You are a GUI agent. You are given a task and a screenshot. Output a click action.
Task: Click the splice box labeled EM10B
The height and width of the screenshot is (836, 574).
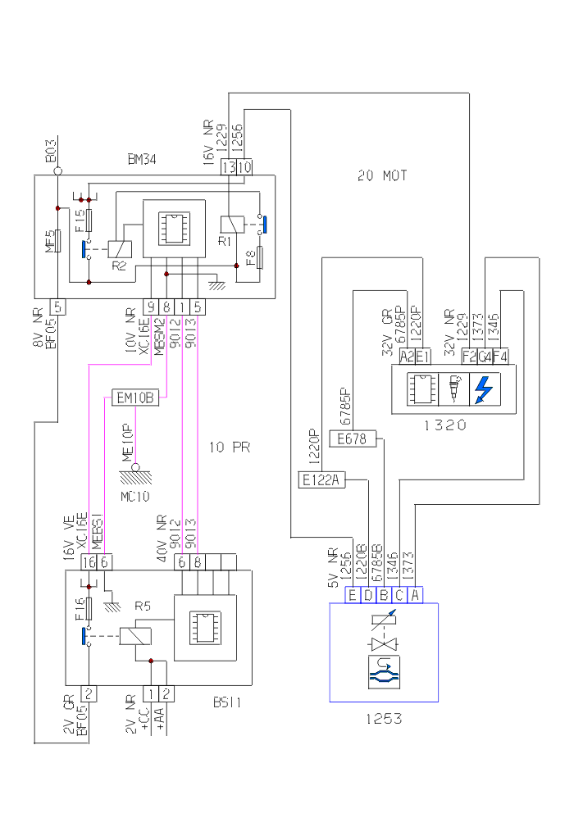pyautogui.click(x=136, y=399)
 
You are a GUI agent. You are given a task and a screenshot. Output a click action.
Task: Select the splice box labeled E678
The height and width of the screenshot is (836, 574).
pyautogui.click(x=352, y=440)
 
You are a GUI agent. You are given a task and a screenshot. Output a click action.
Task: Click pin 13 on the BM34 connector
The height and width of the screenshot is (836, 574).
pyautogui.click(x=229, y=167)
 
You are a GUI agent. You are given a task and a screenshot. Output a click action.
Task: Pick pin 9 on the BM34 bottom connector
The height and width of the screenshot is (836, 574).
pyautogui.click(x=151, y=307)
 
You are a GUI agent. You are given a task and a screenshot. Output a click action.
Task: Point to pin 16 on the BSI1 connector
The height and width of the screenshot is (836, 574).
pyautogui.click(x=89, y=562)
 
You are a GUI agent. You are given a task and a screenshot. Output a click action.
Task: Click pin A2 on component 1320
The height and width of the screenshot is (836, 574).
pyautogui.click(x=407, y=357)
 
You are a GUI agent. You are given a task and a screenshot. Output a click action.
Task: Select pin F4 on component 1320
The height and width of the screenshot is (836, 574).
pyautogui.click(x=501, y=357)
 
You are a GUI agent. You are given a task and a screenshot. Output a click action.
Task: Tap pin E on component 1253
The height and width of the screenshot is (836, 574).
pyautogui.click(x=353, y=595)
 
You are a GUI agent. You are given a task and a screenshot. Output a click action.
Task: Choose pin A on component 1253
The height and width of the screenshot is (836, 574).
pyautogui.click(x=415, y=595)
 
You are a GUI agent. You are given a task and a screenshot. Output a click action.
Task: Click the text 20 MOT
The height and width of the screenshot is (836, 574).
pyautogui.click(x=382, y=175)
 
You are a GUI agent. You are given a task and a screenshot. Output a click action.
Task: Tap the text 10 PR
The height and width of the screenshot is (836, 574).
pyautogui.click(x=229, y=448)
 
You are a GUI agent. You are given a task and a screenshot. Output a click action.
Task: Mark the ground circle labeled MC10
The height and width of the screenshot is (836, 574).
pyautogui.click(x=136, y=468)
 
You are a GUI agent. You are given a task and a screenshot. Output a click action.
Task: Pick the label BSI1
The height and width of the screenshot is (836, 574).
pyautogui.click(x=225, y=702)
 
